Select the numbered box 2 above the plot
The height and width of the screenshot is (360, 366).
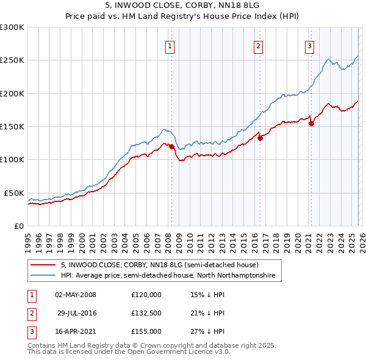pyautogui.click(x=259, y=46)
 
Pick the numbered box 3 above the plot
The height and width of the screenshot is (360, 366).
pyautogui.click(x=310, y=46)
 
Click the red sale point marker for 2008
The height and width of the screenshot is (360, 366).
pyautogui.click(x=171, y=146)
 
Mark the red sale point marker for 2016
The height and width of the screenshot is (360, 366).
pyautogui.click(x=260, y=138)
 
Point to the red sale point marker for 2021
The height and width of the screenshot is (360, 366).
pyautogui.click(x=311, y=123)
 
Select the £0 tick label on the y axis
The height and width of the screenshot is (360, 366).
pyautogui.click(x=18, y=226)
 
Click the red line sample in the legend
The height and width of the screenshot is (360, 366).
pyautogui.click(x=43, y=265)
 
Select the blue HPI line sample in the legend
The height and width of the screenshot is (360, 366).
pyautogui.click(x=43, y=276)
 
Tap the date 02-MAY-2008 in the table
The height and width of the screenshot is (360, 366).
pyautogui.click(x=76, y=295)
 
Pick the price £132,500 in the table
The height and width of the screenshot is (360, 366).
pyautogui.click(x=146, y=313)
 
